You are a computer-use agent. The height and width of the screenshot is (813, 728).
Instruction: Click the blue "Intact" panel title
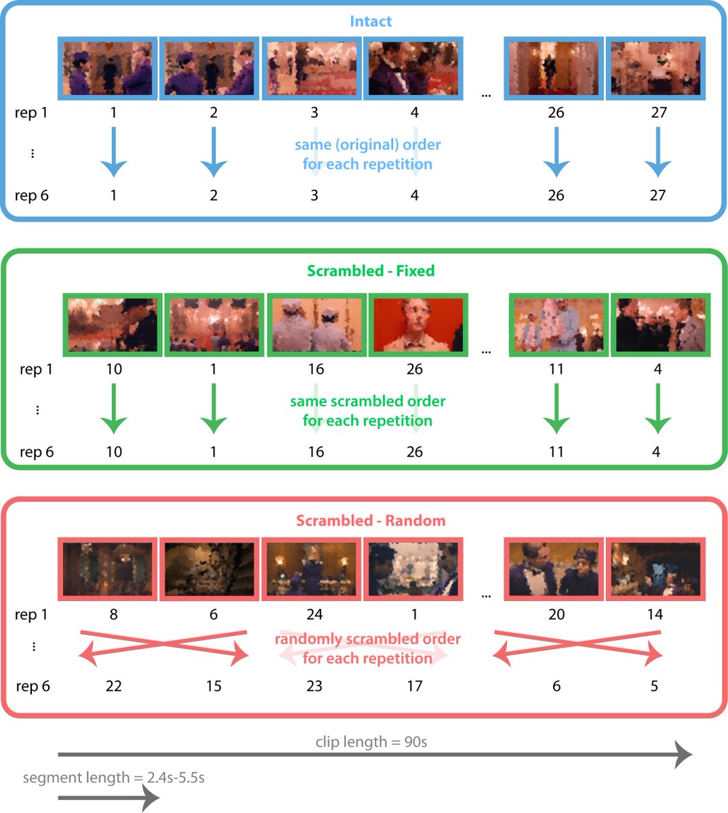pos(370,21)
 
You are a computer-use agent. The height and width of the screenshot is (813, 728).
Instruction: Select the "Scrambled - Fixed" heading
pos(370,271)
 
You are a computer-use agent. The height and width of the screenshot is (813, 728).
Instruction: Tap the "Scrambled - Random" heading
pos(370,521)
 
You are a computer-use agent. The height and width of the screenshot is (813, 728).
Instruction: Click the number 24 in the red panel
pos(315,614)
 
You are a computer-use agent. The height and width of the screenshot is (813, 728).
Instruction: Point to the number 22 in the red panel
pos(114,686)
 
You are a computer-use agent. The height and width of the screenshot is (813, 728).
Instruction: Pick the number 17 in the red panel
pos(414,686)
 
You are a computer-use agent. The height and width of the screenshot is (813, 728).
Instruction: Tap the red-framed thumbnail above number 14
pos(655,569)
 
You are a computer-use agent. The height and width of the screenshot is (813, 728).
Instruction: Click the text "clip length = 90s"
pos(371,742)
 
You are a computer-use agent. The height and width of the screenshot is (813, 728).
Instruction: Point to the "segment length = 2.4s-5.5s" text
pos(114,777)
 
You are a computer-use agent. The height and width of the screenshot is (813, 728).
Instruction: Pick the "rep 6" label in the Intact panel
pos(32,196)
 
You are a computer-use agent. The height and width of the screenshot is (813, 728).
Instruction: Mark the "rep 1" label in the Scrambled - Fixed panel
pos(37,369)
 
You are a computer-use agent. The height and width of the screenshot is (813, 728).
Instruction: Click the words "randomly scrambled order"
pos(367,639)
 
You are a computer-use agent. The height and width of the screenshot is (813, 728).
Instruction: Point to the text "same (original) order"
pos(367,145)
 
